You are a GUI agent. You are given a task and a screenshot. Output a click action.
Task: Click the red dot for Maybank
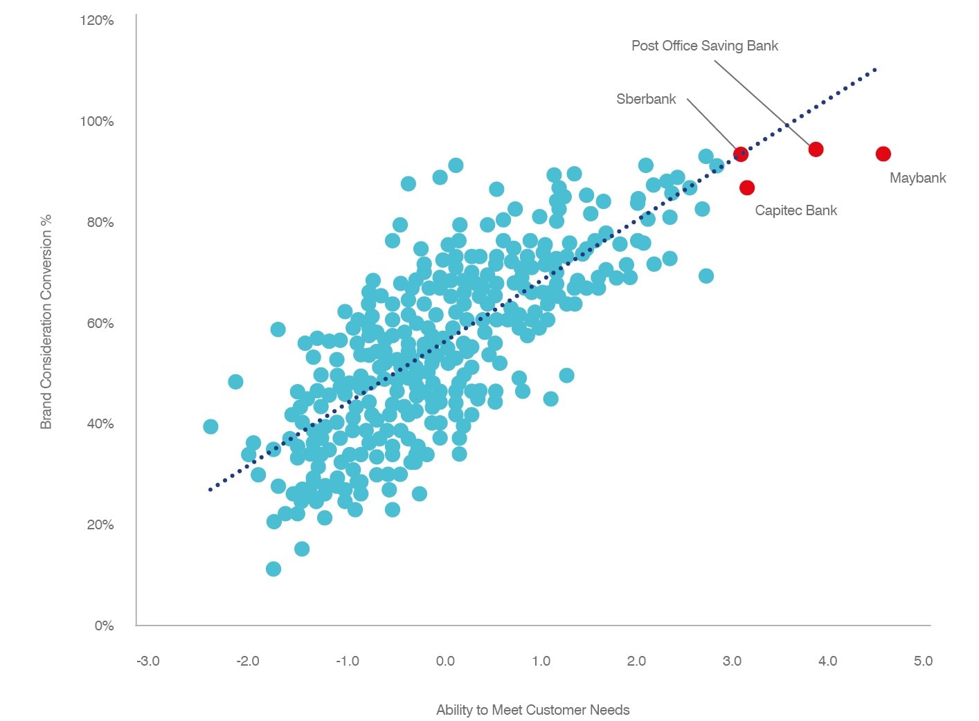pos(883,154)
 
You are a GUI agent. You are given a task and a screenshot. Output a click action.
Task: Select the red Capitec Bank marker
pos(746,188)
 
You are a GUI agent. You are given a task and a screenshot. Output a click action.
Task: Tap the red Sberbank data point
pos(741,154)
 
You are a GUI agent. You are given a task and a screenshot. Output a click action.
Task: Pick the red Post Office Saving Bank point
pos(816,149)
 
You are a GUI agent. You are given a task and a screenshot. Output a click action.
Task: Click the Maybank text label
pos(917,178)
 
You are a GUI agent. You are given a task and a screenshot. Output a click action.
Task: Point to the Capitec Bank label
pos(796,210)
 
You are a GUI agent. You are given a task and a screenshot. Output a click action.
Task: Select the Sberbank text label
pos(646,99)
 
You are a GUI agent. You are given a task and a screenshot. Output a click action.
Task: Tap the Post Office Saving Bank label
pos(704,46)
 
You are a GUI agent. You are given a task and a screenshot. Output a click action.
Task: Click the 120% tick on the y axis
pos(97,21)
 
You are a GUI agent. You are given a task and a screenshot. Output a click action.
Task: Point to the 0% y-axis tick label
pos(104,626)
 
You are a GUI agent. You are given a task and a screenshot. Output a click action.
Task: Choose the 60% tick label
pos(100,323)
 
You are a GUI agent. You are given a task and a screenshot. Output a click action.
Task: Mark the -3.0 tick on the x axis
pos(147,661)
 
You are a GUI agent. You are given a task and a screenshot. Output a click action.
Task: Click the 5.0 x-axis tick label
pos(923,661)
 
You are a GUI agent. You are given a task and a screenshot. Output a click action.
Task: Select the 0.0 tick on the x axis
pos(445,661)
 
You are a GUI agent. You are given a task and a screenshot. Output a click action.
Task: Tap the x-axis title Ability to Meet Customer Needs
pos(532,710)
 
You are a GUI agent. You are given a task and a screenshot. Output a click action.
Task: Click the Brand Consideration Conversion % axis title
pos(46,322)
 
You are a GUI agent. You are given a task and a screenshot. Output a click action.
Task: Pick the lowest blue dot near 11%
pos(273,569)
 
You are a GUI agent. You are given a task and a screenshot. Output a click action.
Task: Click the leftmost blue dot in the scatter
pos(210,426)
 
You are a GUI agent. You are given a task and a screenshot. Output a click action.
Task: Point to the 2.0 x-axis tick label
pos(636,661)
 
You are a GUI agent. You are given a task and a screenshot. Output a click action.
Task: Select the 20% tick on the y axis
pos(100,524)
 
